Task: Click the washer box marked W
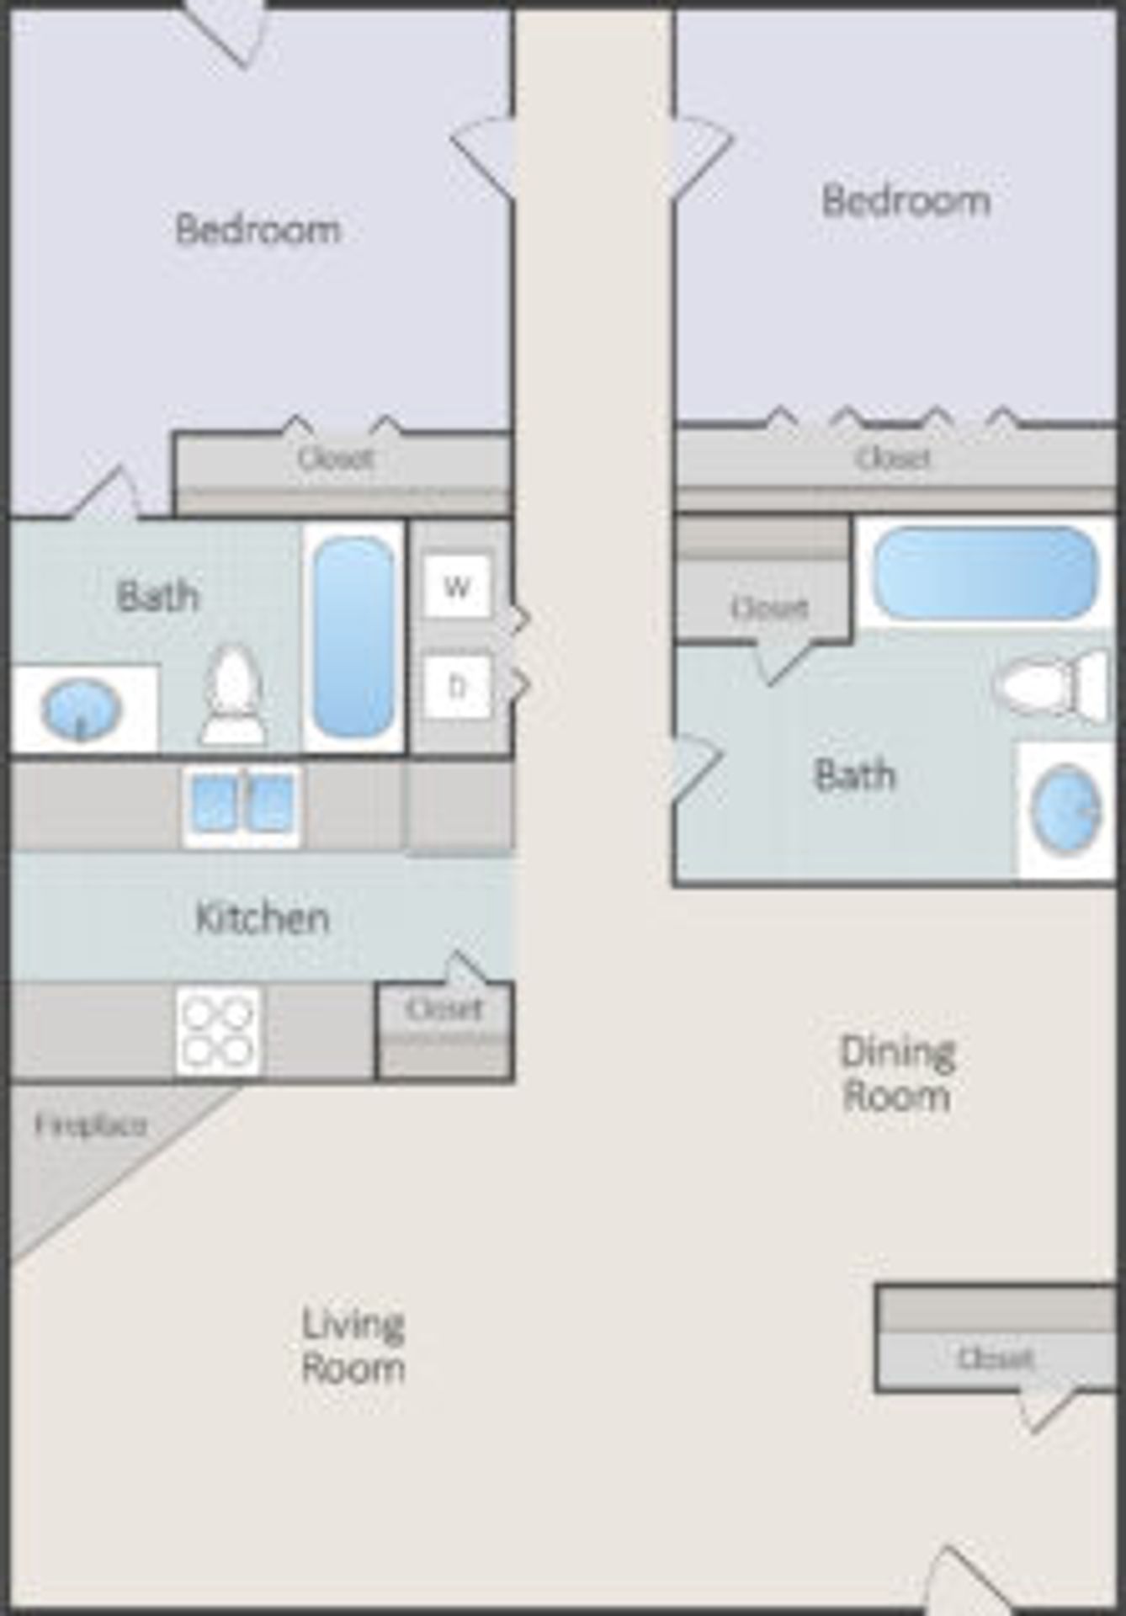click(x=456, y=587)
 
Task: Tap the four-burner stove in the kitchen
click(x=218, y=1031)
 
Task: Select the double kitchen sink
click(x=242, y=804)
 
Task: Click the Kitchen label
click(x=262, y=918)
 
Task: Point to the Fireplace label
click(x=91, y=1125)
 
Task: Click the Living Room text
click(x=353, y=1346)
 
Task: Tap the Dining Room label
click(x=897, y=1075)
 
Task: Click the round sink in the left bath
click(x=81, y=710)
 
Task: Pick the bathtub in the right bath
click(x=984, y=573)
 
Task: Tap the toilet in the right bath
click(x=1052, y=686)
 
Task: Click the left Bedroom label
click(x=258, y=229)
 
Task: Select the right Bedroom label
click(x=906, y=201)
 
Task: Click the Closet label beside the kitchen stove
click(x=444, y=1008)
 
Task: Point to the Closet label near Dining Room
click(x=995, y=1358)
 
